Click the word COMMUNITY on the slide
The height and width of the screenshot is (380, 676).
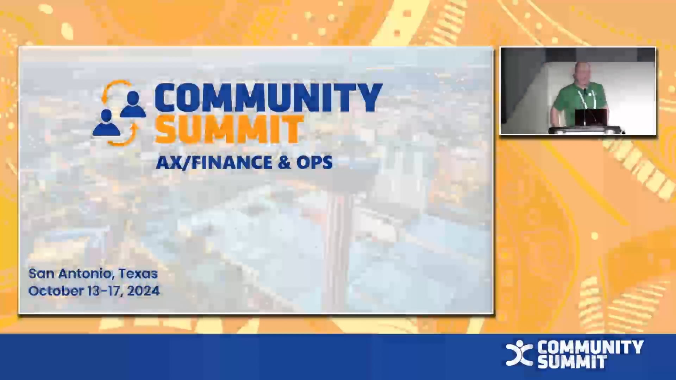[x=268, y=98]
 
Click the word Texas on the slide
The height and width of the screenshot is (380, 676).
[x=138, y=273]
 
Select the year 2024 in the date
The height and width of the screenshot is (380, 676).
[x=143, y=291]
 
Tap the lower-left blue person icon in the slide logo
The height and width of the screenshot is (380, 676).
[x=106, y=122]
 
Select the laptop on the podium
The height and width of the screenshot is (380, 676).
[x=591, y=118]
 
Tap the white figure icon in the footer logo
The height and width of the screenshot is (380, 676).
[x=519, y=353]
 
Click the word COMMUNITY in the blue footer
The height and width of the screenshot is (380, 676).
[x=590, y=347]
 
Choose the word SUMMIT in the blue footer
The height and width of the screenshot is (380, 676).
[x=572, y=362]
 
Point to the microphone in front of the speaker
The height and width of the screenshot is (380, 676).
[x=585, y=106]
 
